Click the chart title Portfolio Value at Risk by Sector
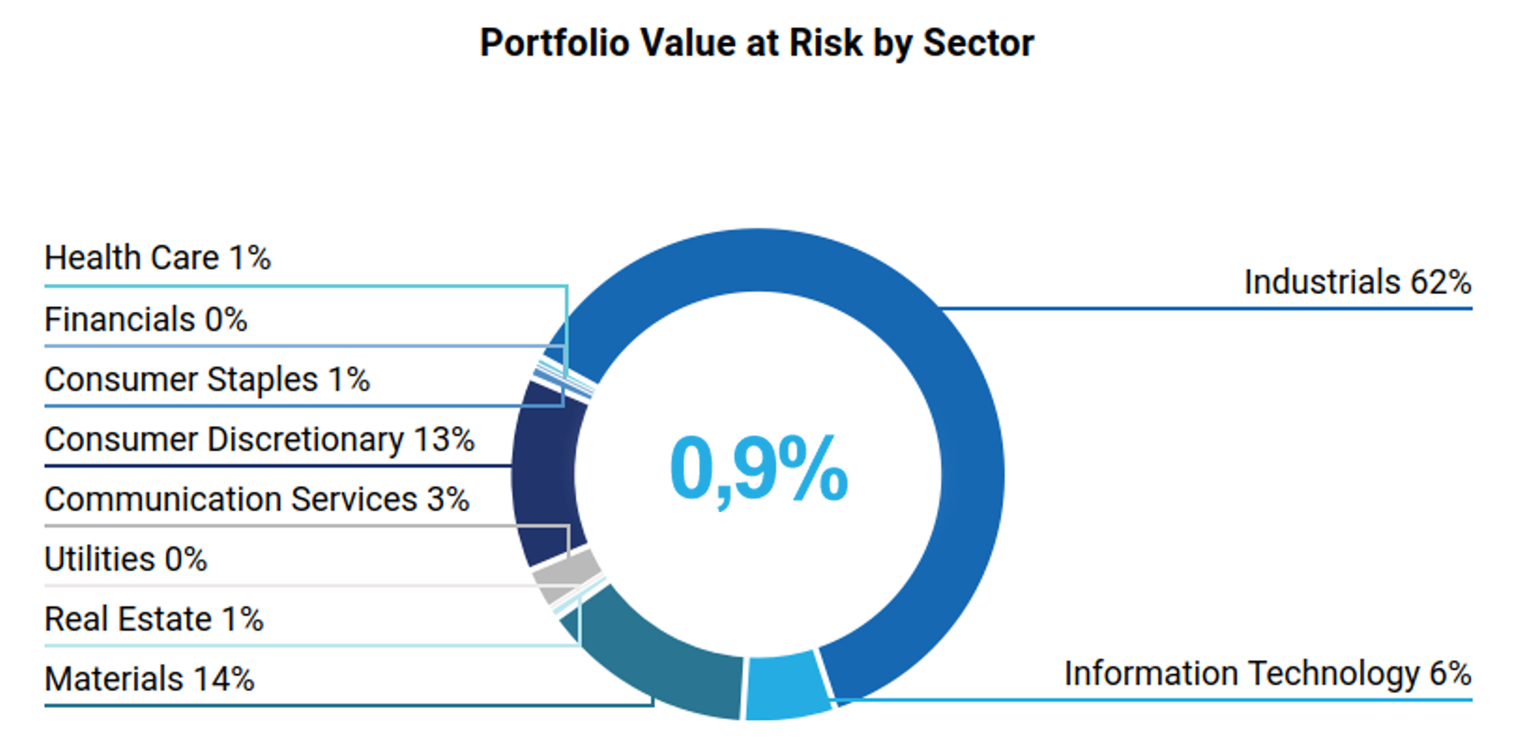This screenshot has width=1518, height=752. coord(757,44)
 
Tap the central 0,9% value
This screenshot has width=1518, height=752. coord(758,470)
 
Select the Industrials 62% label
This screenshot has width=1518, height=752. coord(1358,282)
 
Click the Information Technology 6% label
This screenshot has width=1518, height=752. coord(1268,674)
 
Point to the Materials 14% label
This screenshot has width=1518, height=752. coord(150,678)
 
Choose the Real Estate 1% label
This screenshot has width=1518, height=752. coord(154,619)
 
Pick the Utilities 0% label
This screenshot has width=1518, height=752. coord(125,559)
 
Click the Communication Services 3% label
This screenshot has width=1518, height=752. coord(257,499)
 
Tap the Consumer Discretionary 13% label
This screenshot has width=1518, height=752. coord(259,440)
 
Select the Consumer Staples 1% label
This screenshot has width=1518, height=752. coord(208,379)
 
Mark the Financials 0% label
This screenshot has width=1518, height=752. coord(145,319)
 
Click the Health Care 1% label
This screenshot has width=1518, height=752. coord(157,258)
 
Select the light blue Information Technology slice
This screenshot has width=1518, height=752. coord(787,686)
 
